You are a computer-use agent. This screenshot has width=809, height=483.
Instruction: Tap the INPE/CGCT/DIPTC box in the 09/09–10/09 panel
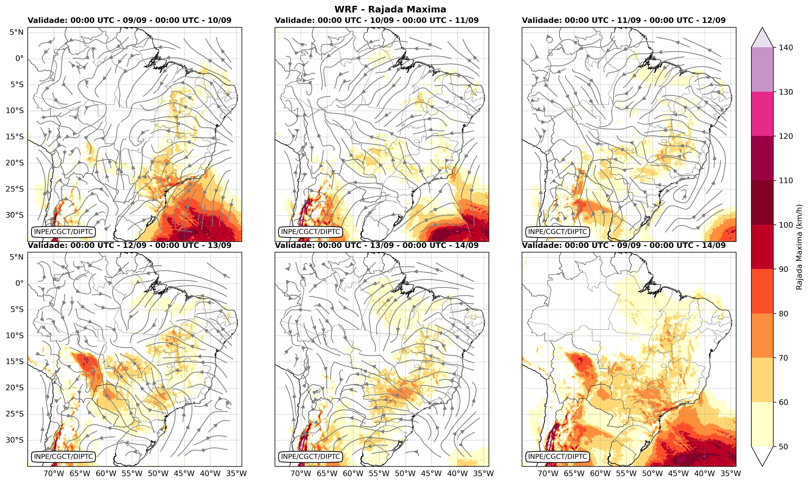pos(63,232)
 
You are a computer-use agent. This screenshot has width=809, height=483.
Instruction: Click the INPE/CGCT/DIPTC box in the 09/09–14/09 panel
pos(558,457)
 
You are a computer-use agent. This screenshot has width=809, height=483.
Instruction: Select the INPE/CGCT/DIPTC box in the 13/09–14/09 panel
pos(310,457)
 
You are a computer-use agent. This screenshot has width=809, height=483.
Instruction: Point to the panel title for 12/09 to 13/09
pos(129,245)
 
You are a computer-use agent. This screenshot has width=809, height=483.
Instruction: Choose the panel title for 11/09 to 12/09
pos(624,20)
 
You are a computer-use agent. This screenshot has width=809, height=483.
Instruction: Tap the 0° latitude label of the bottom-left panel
pos(20,283)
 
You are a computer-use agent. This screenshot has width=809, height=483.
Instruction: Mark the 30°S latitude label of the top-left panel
pos(15,215)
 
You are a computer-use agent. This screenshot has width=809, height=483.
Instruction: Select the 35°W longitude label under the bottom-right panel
pos(731,473)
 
